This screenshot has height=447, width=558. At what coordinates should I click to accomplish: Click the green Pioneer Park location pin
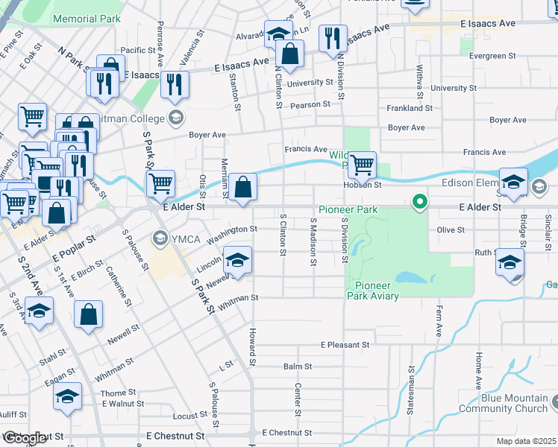point(420,201)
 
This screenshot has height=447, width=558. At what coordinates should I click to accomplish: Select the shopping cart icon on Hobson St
point(362,165)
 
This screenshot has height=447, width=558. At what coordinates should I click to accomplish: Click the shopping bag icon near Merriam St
point(243,187)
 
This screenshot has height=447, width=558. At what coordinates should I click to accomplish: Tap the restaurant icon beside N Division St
point(333,38)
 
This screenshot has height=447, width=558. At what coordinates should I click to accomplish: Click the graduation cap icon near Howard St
point(237,261)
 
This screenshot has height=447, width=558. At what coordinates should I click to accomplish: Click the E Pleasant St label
point(345,345)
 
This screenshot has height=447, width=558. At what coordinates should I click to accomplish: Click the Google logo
point(25,438)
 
